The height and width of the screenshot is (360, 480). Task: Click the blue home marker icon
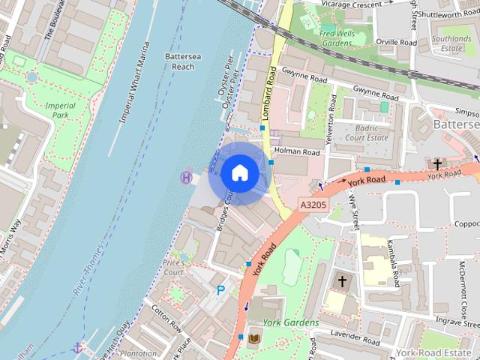pos(239,172)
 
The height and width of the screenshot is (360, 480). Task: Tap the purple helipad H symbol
pos(185,177)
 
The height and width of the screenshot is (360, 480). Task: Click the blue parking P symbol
pos(220,290)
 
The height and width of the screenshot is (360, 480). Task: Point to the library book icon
pos(253,339)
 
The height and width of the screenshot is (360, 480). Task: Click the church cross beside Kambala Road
pos(342,282)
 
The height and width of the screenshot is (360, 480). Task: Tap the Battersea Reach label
pos(180,61)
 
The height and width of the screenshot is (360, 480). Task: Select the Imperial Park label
pos(61,111)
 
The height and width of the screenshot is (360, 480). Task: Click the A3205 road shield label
pos(313,204)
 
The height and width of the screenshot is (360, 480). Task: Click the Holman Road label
pos(298,151)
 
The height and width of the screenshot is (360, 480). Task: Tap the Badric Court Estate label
pos(366,132)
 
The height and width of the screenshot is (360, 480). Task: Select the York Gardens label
pos(291,322)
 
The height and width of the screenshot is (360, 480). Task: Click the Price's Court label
pos(173,267)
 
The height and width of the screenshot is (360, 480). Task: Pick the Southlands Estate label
pos(451,43)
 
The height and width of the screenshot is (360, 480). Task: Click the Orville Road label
pos(397,43)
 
